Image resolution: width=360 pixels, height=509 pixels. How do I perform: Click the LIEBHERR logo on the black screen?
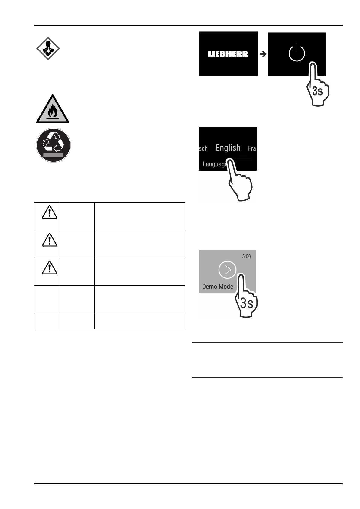tap(228, 54)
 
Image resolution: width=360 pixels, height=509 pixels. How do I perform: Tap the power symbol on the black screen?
tap(297, 53)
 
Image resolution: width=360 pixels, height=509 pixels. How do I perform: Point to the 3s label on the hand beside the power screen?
tap(317, 91)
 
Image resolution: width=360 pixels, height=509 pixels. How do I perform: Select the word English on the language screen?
tap(228, 148)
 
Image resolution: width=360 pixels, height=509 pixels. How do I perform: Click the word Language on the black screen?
tap(215, 164)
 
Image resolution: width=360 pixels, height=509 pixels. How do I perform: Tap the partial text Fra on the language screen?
tap(252, 148)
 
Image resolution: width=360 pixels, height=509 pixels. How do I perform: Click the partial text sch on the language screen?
tap(203, 148)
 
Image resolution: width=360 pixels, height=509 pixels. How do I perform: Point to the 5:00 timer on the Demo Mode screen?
tap(246, 256)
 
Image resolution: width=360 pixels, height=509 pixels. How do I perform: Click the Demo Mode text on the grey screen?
tap(218, 287)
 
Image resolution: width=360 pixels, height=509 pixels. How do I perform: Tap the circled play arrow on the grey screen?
tap(227, 269)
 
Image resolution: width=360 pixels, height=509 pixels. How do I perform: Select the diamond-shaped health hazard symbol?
tap(48, 48)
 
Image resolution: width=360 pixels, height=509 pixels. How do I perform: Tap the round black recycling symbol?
tap(54, 145)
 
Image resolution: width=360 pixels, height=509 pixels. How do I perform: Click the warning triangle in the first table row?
tap(50, 212)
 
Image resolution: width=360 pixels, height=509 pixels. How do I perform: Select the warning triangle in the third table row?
tap(50, 267)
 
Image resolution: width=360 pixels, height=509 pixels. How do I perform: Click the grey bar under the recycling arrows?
tap(54, 155)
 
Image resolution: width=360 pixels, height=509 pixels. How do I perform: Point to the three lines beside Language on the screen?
tap(243, 158)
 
